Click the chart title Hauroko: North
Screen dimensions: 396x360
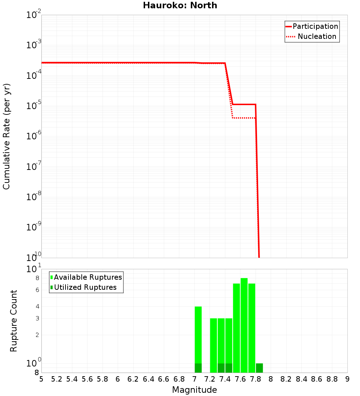[x=180, y=5]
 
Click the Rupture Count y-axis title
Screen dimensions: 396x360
[x=14, y=321]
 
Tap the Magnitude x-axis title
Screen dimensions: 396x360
[x=194, y=390]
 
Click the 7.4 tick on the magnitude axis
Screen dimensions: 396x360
[x=225, y=379]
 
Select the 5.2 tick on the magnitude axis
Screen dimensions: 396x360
[x=57, y=379]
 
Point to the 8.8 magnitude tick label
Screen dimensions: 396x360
[x=332, y=379]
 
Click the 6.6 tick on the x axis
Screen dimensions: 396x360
[x=164, y=379]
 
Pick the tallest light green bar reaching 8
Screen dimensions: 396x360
[x=244, y=324]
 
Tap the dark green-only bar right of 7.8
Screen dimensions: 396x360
[x=259, y=368]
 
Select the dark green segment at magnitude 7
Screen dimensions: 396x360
[x=198, y=368]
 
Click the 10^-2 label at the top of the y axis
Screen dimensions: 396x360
[x=34, y=15]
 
